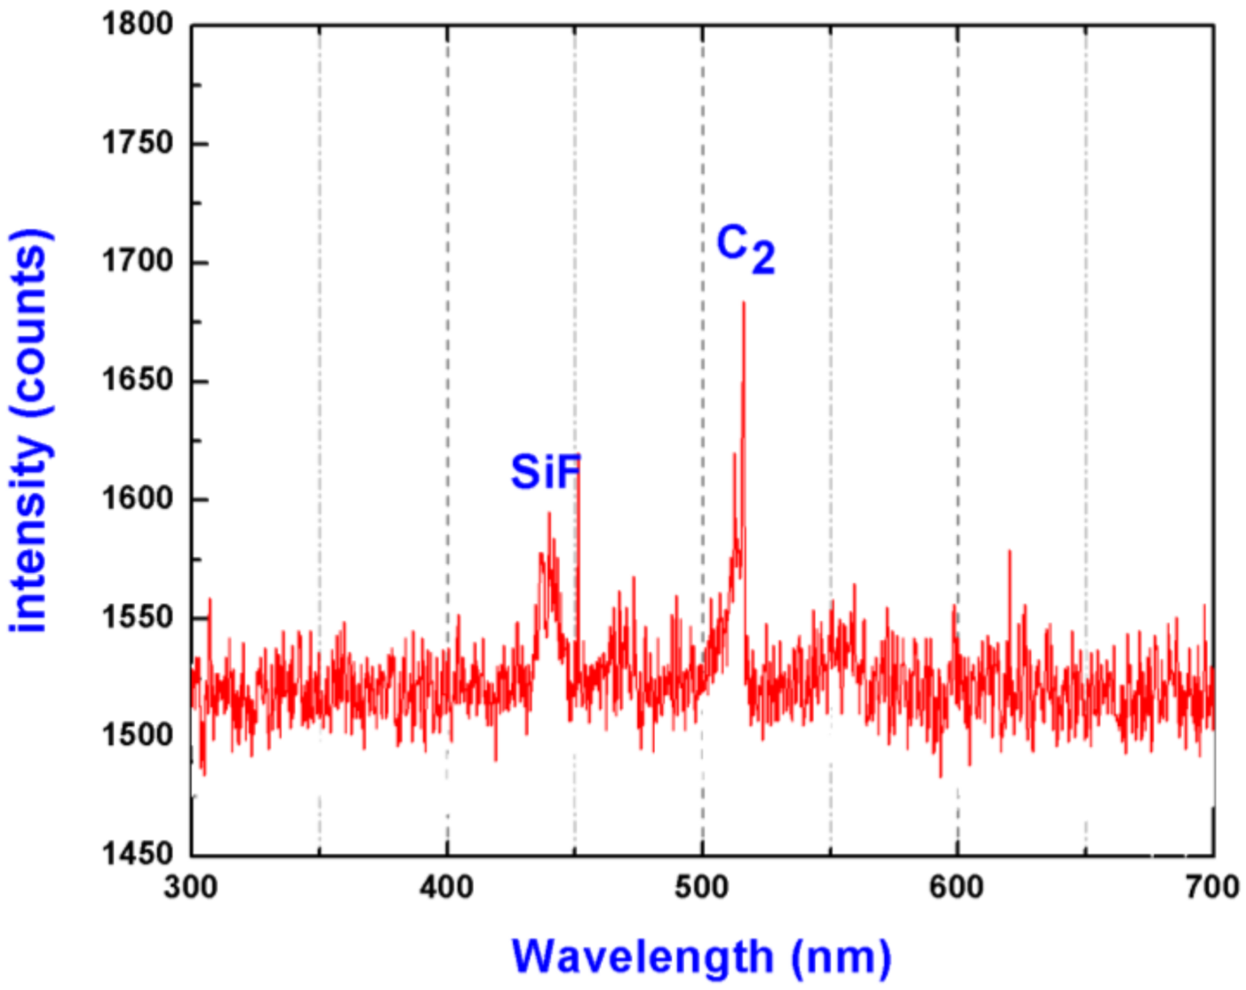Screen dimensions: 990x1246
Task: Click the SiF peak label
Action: [x=545, y=471]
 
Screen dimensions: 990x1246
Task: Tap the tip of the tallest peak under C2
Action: [x=744, y=304]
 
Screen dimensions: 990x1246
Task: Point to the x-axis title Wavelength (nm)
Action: [x=701, y=957]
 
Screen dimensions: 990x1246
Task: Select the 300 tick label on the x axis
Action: [x=191, y=887]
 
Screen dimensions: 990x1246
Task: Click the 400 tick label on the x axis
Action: [x=446, y=887]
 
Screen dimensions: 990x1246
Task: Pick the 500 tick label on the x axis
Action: [x=702, y=887]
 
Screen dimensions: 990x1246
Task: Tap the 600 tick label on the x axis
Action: [x=957, y=887]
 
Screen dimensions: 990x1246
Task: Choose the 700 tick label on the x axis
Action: [x=1212, y=887]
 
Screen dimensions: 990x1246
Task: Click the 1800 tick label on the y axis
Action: [x=138, y=24]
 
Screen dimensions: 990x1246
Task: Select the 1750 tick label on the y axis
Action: [x=138, y=143]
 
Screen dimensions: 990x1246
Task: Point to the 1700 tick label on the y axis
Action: [x=138, y=262]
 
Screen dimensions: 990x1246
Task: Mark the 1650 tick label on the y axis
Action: [x=138, y=380]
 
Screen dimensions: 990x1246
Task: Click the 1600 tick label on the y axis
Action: [x=138, y=499]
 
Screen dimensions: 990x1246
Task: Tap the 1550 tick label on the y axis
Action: [x=138, y=617]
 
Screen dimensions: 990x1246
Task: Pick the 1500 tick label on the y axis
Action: [x=138, y=735]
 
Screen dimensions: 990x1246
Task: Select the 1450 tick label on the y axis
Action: [x=138, y=854]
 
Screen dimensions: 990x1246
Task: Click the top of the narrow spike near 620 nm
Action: [x=1009, y=552]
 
